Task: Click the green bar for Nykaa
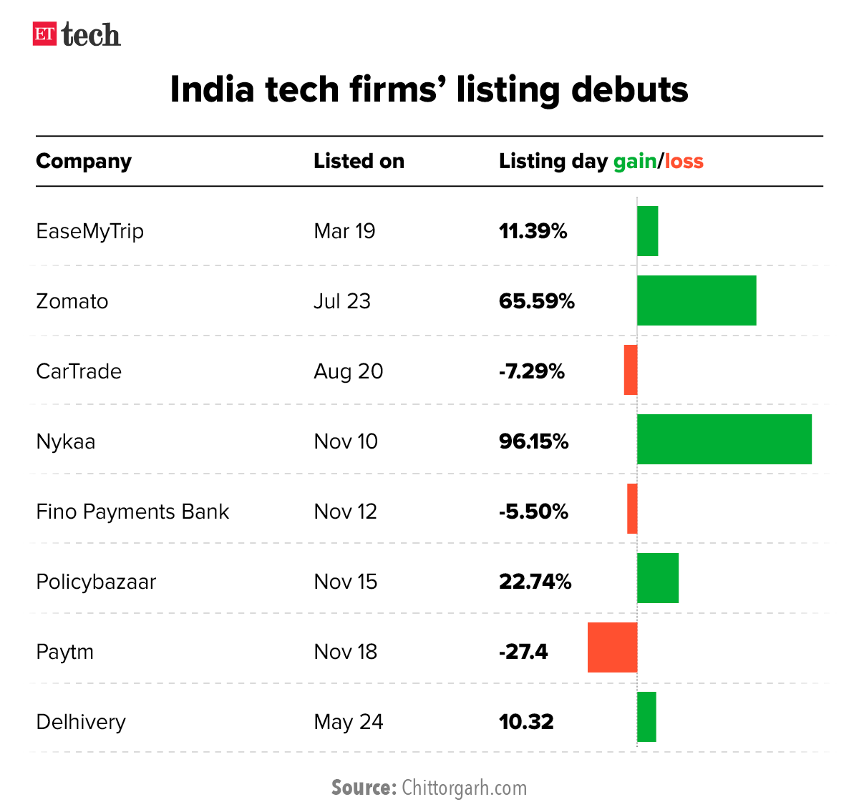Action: (724, 439)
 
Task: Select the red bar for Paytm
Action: (612, 647)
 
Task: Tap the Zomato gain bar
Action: (697, 300)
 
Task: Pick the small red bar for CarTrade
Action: (630, 370)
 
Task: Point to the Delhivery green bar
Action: (646, 717)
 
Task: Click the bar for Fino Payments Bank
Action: (632, 509)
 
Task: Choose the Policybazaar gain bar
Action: (658, 578)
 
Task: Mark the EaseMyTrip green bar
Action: (648, 231)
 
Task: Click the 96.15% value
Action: (534, 441)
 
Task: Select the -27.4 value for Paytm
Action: (523, 652)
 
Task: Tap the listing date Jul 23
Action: (342, 301)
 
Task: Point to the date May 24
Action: (349, 722)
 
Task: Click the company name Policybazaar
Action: (96, 582)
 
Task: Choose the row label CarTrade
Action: (79, 371)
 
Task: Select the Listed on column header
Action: (359, 161)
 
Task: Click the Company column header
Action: (84, 162)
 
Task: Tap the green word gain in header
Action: (635, 162)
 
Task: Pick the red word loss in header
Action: (684, 162)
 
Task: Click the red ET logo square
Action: (44, 34)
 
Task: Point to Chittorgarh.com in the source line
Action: (465, 788)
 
